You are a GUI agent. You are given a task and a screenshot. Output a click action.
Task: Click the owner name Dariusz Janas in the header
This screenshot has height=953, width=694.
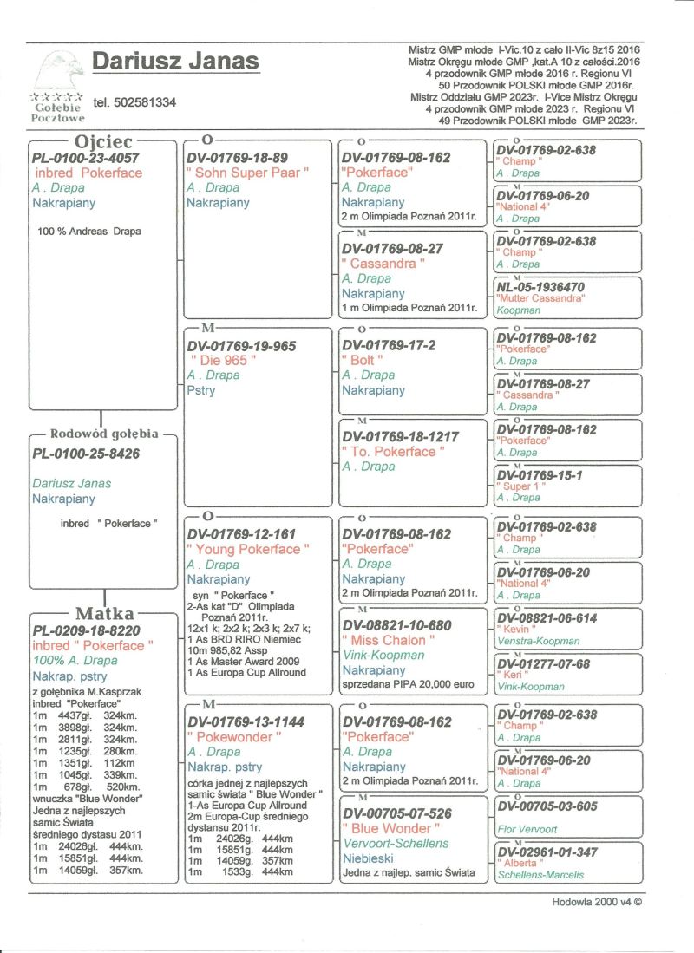[175, 62]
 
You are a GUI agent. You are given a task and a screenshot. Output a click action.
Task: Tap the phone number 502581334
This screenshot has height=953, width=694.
[134, 102]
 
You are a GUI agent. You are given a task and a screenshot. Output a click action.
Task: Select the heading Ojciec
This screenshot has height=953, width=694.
[102, 140]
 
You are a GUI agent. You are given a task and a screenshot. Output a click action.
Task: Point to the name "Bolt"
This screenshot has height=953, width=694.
[362, 360]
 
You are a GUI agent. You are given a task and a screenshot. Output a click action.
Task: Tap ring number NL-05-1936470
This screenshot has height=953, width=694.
[540, 287]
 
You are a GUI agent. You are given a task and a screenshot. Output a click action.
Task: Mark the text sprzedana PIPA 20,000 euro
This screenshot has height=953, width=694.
[408, 685]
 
